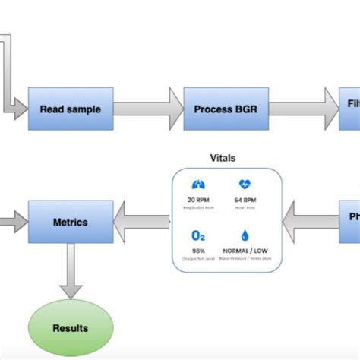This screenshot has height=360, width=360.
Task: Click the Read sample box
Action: pyautogui.click(x=71, y=109)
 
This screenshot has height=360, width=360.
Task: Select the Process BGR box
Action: pyautogui.click(x=226, y=109)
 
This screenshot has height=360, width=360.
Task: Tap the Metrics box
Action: pyautogui.click(x=70, y=223)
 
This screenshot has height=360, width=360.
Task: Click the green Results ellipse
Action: pyautogui.click(x=70, y=328)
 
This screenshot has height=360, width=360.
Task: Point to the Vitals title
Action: pyautogui.click(x=223, y=158)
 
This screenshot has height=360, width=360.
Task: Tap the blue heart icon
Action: pyautogui.click(x=245, y=184)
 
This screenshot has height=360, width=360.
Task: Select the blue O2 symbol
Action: pyautogui.click(x=199, y=235)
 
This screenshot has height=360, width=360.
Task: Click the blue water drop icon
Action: pyautogui.click(x=245, y=235)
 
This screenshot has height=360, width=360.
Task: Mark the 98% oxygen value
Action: pyautogui.click(x=199, y=251)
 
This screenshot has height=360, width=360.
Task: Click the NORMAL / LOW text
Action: pyautogui.click(x=245, y=251)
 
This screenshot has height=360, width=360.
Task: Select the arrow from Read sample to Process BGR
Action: pyautogui.click(x=148, y=109)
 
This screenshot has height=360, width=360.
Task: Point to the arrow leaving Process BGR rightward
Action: pyautogui.click(x=303, y=109)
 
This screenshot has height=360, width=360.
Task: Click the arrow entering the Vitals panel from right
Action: pyautogui.click(x=311, y=223)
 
